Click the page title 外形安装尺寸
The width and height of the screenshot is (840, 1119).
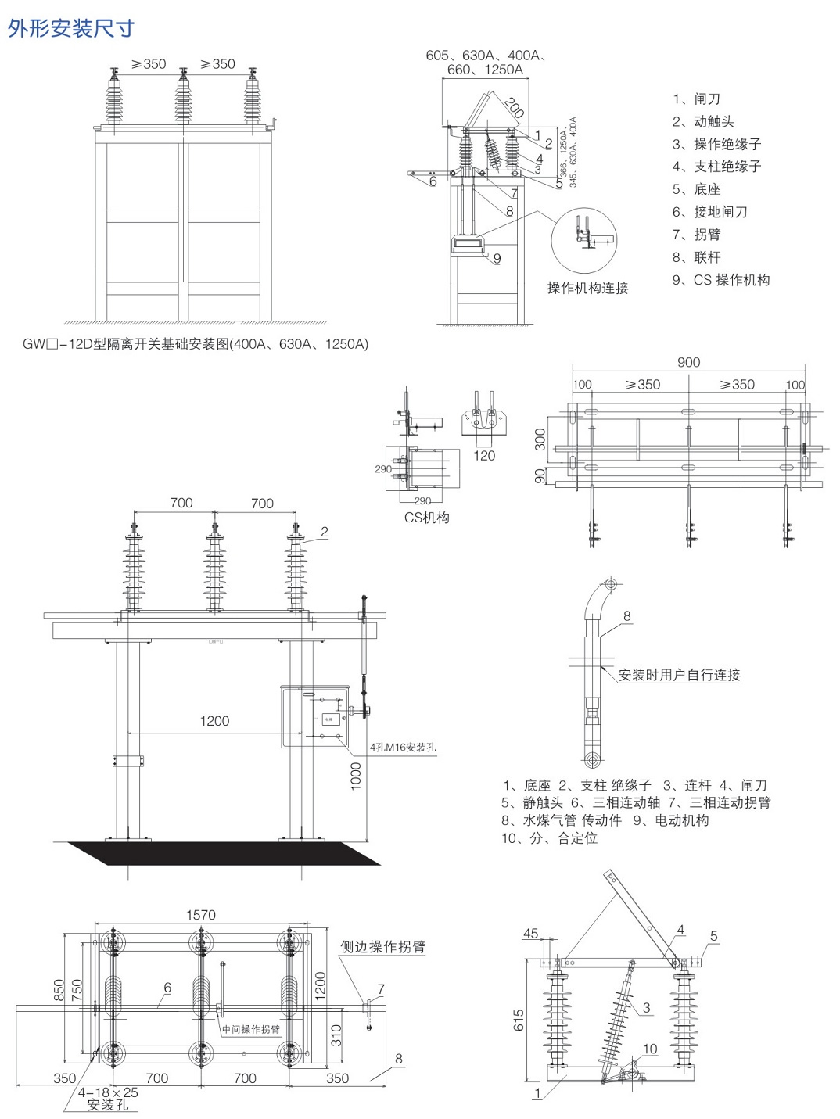[x=71, y=28]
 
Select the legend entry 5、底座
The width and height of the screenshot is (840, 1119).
[x=696, y=189]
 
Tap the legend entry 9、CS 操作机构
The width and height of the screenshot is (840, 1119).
[x=720, y=280]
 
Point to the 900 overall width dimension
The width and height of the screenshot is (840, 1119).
[x=688, y=362]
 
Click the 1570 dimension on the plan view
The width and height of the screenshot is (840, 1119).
[x=201, y=915]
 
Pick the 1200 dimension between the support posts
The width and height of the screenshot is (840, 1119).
[x=214, y=721]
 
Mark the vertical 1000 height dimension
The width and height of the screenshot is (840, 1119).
[x=356, y=776]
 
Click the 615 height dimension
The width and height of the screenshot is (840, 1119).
[x=519, y=1020]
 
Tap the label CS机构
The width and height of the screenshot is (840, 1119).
[x=426, y=518]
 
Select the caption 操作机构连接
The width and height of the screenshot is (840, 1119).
[x=587, y=288]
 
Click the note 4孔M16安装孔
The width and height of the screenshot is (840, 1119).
[x=403, y=748]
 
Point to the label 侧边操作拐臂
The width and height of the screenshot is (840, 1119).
[x=382, y=947]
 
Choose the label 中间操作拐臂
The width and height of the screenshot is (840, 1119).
[x=250, y=1029]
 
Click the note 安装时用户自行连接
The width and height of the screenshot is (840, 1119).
[x=679, y=675]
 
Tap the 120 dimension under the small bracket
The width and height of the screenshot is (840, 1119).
[x=484, y=456]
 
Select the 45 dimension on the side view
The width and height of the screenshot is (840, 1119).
[x=530, y=933]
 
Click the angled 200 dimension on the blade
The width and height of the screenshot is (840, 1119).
[x=513, y=107]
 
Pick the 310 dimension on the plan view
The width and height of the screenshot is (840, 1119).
[x=336, y=1035]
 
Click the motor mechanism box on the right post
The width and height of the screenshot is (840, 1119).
[x=314, y=716]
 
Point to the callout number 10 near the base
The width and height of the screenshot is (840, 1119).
[x=650, y=1049]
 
